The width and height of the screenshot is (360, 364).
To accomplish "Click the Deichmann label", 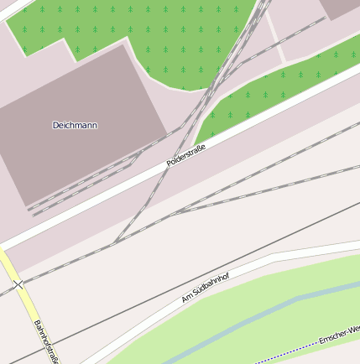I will [75, 125].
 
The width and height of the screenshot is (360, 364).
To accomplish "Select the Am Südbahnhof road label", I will [206, 287].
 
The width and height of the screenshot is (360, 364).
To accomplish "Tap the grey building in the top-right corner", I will [340, 8].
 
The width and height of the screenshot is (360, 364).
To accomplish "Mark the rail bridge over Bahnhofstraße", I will [18, 285].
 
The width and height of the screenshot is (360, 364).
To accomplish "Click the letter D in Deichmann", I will [55, 125].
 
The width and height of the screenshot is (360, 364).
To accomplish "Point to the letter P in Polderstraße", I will [170, 162].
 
